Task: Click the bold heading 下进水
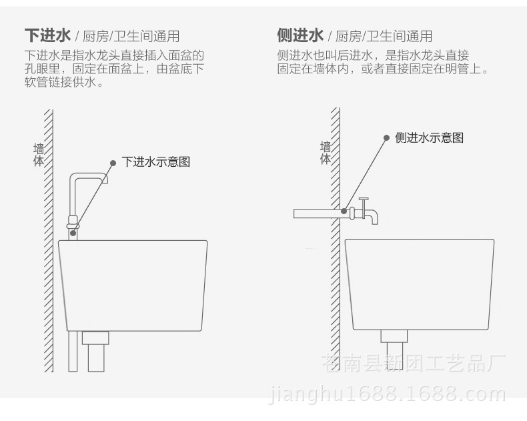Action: click(47, 35)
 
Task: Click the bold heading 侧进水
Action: click(300, 35)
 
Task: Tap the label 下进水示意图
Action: click(155, 161)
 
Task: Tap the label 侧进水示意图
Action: click(429, 137)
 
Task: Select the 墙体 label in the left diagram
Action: click(39, 155)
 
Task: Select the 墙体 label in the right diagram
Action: click(326, 153)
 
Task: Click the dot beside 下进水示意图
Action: click(113, 161)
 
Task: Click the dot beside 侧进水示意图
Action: click(386, 137)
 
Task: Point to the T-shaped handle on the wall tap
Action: click(364, 200)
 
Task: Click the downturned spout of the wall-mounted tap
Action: click(374, 218)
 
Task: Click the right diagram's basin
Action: click(419, 284)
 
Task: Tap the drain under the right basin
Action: click(394, 344)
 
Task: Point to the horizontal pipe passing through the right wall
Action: click(317, 213)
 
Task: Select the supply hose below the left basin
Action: click(73, 350)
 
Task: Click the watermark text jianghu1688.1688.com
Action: click(388, 394)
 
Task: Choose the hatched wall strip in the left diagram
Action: click(49, 240)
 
